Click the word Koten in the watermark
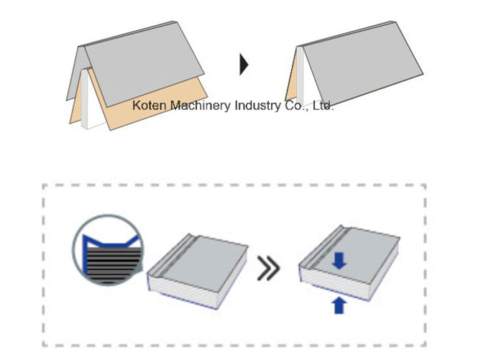(149, 105)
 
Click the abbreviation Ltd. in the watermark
(323, 106)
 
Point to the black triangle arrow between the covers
(244, 65)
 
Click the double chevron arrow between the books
(269, 268)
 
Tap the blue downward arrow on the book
(339, 260)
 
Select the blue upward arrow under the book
(339, 305)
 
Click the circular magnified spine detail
(108, 249)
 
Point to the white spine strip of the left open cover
(84, 99)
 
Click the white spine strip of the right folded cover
(300, 76)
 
